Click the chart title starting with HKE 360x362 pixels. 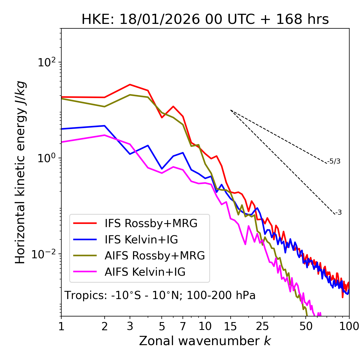[x=205, y=20]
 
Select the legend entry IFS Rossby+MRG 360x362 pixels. [x=151, y=223]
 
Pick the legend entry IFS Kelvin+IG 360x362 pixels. [x=141, y=240]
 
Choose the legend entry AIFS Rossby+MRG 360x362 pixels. [x=155, y=256]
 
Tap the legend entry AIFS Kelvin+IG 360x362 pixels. [x=145, y=272]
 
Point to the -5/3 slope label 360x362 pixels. [x=334, y=161]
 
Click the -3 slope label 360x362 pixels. [x=339, y=213]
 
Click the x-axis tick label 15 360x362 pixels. [x=230, y=326]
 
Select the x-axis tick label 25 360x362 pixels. [x=262, y=326]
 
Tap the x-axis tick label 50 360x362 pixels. [x=306, y=326]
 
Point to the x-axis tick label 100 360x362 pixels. [x=349, y=326]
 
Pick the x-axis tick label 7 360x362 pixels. [x=183, y=326]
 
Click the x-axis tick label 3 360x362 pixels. [x=130, y=326]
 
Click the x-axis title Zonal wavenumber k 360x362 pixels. [x=205, y=341]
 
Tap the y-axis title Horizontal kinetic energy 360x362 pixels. [x=20, y=173]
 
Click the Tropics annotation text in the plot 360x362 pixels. [x=160, y=295]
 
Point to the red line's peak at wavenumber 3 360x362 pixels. [x=130, y=84]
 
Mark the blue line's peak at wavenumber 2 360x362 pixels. [x=105, y=126]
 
